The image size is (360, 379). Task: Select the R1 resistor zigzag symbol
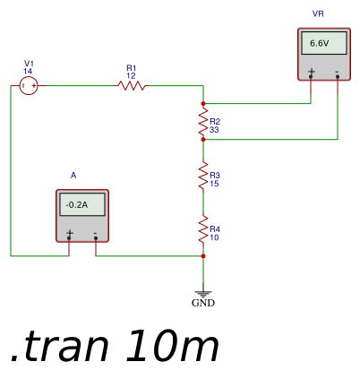pos(132,86)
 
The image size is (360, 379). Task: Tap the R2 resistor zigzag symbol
pos(203,122)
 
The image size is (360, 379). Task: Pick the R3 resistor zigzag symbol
pos(203,176)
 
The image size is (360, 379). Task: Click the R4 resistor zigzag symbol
pos(203,229)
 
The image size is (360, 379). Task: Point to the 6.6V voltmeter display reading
pos(320,44)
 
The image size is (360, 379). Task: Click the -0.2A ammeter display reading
pos(77,205)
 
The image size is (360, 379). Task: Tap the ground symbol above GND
pos(203,294)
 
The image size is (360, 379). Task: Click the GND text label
pos(203,303)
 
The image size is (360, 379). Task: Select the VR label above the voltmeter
pos(318,13)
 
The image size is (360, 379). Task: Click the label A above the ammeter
pos(73,176)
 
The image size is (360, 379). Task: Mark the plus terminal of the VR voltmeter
pos(311,77)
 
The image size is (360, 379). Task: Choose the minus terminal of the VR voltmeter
pos(338,77)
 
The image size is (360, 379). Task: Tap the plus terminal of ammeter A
pos(69,238)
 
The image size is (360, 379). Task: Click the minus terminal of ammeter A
pos(96,238)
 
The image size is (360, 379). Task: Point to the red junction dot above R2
pos(203,104)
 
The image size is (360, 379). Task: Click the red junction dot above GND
pos(203,256)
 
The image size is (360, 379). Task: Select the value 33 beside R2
pos(214,130)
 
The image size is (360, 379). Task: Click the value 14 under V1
pos(28,72)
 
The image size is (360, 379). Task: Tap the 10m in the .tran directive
pos(172,347)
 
